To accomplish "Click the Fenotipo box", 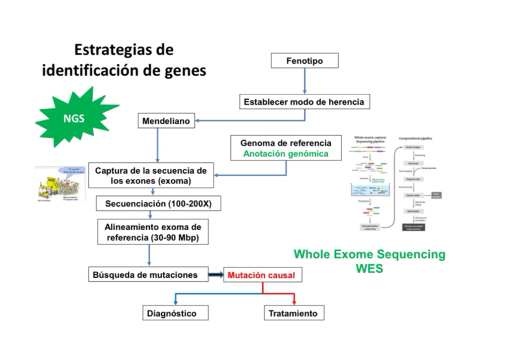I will tap(304, 61).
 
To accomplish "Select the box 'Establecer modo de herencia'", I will tap(304, 102).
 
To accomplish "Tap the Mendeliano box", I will tap(166, 121).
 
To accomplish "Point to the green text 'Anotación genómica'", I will tap(286, 154).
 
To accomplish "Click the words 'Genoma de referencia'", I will tap(286, 143).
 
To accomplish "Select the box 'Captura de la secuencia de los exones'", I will tap(151, 175).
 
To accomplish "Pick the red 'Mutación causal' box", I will tap(262, 275).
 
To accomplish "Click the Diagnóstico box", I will tap(171, 313).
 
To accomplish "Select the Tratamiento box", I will tap(293, 313).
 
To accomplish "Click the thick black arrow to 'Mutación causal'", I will tap(216, 275).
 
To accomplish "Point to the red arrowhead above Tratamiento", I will tap(293, 301).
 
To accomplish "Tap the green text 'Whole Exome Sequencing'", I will tap(369, 254).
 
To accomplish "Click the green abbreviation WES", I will tap(369, 268).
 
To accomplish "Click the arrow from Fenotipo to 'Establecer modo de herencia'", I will tap(304, 81).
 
